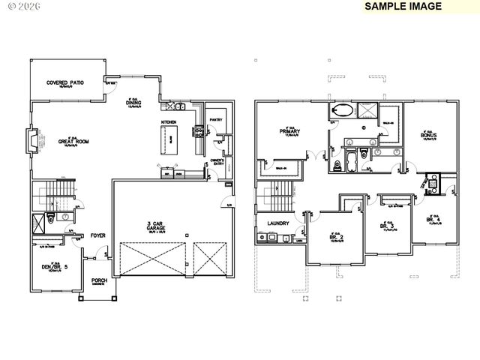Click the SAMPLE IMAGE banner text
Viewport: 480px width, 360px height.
click(403, 6)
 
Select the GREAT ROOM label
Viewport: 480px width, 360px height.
click(74, 141)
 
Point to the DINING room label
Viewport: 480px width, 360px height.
click(136, 103)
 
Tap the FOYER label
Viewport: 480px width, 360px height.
click(98, 235)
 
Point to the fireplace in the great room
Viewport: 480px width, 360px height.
click(31, 140)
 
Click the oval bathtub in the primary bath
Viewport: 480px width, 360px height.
click(342, 111)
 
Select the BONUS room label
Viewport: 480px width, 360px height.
click(428, 135)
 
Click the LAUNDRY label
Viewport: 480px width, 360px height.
click(268, 223)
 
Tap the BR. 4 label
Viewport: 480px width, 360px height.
click(433, 220)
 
